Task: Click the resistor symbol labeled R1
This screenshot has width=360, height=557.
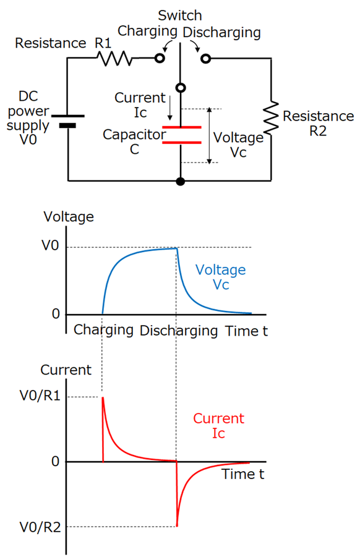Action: pyautogui.click(x=113, y=58)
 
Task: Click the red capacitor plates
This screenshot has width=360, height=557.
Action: pyautogui.click(x=181, y=135)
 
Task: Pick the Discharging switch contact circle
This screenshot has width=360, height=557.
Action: pyautogui.click(x=205, y=58)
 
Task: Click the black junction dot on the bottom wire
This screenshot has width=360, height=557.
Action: pyautogui.click(x=181, y=181)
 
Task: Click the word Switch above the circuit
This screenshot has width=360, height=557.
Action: pyautogui.click(x=180, y=15)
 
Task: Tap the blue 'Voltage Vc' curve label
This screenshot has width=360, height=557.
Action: pyautogui.click(x=220, y=277)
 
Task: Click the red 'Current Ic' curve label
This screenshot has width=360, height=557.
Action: pyautogui.click(x=218, y=426)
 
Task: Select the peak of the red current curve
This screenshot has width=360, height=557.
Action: pyautogui.click(x=103, y=398)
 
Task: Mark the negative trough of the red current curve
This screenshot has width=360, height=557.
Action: pyautogui.click(x=178, y=525)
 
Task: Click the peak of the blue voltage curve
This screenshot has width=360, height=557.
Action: pyautogui.click(x=177, y=248)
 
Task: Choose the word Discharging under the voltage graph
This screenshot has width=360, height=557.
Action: pyautogui.click(x=179, y=331)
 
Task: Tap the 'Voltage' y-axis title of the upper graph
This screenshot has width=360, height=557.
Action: pyautogui.click(x=69, y=216)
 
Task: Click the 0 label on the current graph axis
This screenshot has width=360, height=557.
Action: pyautogui.click(x=55, y=462)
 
